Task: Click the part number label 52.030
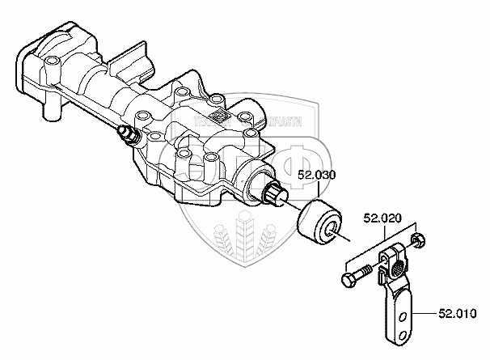point(319,176)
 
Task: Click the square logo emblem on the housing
point(217,117)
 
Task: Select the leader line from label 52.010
point(426,311)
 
